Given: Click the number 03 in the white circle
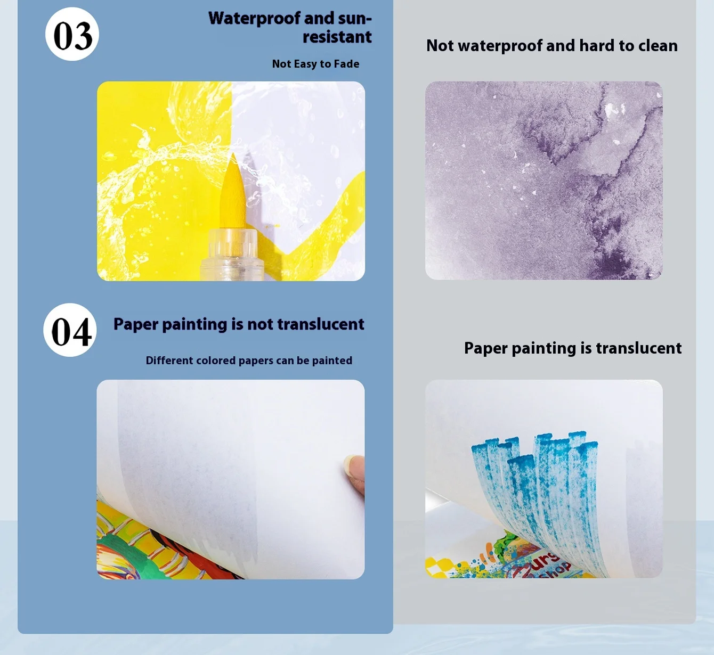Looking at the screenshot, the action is (x=72, y=36).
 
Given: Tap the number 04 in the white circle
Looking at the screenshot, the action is (x=71, y=332).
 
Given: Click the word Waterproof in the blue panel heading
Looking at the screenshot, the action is (x=254, y=19).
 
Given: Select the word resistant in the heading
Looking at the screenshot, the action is (x=337, y=37).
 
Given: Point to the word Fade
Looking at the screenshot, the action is (x=346, y=64).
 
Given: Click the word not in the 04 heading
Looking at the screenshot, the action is (x=260, y=324).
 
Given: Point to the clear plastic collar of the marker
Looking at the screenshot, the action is (x=233, y=255).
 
